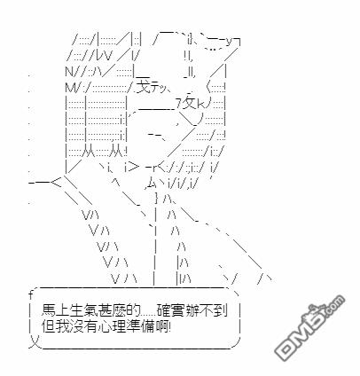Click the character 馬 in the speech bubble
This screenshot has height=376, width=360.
[48, 310]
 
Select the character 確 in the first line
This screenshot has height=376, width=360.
[163, 310]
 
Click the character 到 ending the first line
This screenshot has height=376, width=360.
[221, 310]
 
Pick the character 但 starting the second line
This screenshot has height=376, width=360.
[48, 326]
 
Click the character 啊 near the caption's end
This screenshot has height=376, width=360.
[163, 326]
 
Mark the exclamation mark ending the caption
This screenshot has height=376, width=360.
[171, 326]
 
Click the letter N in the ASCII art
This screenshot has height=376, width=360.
[69, 71]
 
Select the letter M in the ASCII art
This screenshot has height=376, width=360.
[70, 87]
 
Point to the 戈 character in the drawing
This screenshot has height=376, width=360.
[143, 85]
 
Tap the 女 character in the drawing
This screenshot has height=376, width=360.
[189, 103]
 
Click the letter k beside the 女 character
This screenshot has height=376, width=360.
[200, 104]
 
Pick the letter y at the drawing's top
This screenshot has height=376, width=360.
[231, 42]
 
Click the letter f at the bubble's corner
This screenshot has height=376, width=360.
[30, 294]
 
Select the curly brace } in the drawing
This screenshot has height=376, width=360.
[157, 198]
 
